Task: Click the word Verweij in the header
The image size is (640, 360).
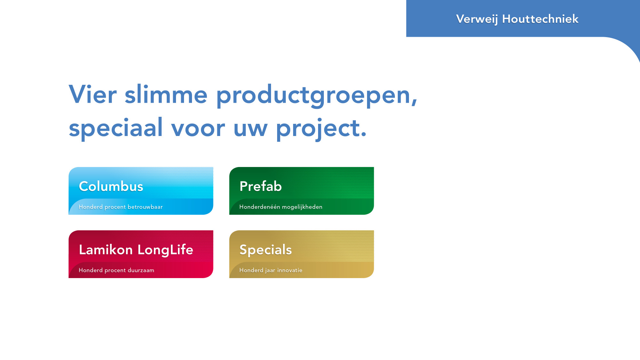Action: (x=477, y=19)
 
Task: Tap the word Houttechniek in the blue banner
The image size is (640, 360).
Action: (x=540, y=19)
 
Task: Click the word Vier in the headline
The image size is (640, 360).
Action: (x=93, y=94)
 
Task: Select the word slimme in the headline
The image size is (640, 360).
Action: (x=166, y=94)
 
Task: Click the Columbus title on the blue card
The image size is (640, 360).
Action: (x=111, y=186)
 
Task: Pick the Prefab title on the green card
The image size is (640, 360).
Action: (x=260, y=186)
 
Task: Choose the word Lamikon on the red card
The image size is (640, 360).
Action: (x=106, y=250)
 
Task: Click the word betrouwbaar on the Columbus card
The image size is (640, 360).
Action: (x=145, y=207)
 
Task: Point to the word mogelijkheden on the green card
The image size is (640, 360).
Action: (x=302, y=207)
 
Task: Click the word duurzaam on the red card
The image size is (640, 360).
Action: (x=141, y=270)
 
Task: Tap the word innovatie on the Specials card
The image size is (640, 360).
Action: (x=290, y=270)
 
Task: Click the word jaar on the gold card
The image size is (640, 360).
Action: (x=270, y=271)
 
